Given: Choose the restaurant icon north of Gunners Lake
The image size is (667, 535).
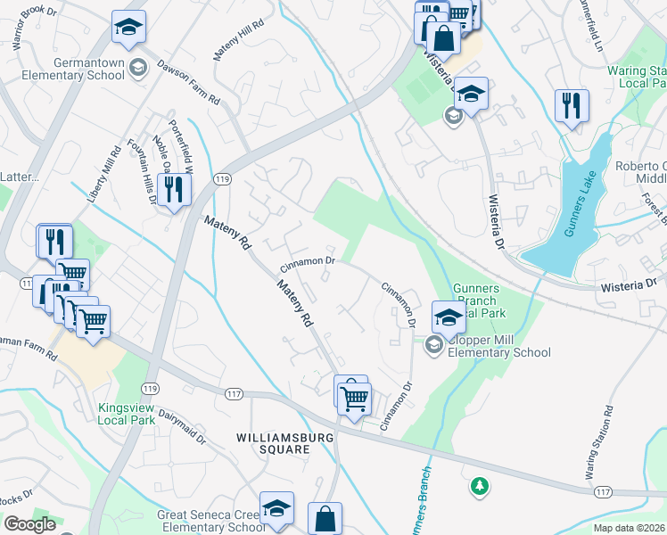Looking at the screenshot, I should tap(570, 105).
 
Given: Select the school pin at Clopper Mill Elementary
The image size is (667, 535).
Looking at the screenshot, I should tap(448, 317).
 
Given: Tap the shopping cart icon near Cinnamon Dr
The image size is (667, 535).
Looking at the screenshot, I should tap(355, 397).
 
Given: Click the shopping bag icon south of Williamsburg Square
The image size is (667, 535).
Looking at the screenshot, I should tap(325, 518).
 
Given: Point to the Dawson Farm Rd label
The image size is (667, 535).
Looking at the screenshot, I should tap(188, 82).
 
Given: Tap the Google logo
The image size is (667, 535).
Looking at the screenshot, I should tap(30, 524).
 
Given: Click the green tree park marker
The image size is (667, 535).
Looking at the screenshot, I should tap(480, 486).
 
